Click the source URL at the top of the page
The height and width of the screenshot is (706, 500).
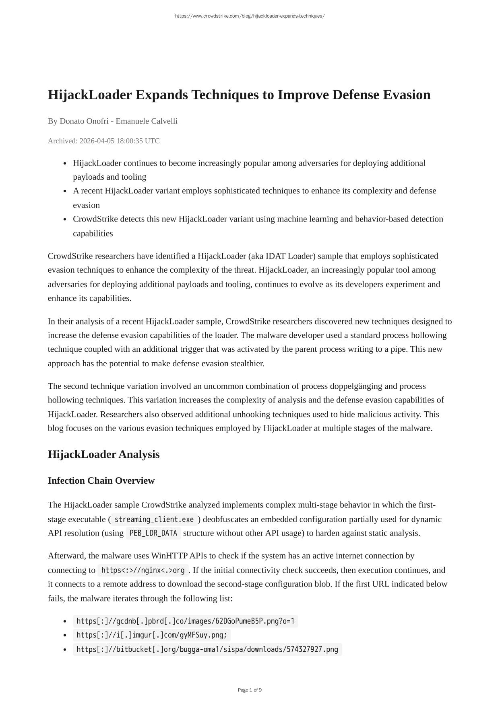pos(250,16)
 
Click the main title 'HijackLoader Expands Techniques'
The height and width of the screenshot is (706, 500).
pos(239,95)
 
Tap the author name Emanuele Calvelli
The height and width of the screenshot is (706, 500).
pos(147,121)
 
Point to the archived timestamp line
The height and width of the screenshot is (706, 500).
pos(103,141)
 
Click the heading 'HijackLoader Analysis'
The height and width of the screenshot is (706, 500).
pos(103,454)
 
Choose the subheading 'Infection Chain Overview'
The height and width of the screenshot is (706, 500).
pos(101,480)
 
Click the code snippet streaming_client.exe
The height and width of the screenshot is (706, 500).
pos(154,519)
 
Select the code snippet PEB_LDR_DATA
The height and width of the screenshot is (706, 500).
pos(153,533)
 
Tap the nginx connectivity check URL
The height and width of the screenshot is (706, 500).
pos(143,570)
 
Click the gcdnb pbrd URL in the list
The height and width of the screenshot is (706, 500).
pos(185,621)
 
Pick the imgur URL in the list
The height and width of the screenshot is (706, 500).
pos(151,635)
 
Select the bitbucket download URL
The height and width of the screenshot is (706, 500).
pos(207,649)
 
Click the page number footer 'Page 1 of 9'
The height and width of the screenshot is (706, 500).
pos(250,690)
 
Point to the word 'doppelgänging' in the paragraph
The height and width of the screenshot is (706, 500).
pos(356,386)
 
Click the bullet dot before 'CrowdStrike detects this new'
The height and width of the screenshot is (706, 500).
pos(65,220)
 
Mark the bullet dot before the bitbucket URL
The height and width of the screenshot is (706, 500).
pos(65,650)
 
